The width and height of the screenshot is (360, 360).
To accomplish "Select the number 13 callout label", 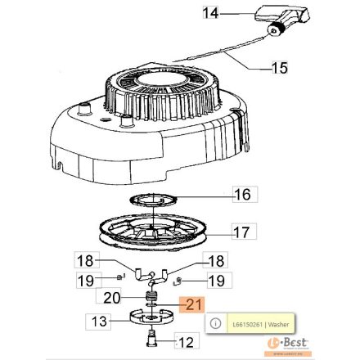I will [99, 322].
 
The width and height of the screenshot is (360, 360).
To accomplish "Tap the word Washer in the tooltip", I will [272, 325].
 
